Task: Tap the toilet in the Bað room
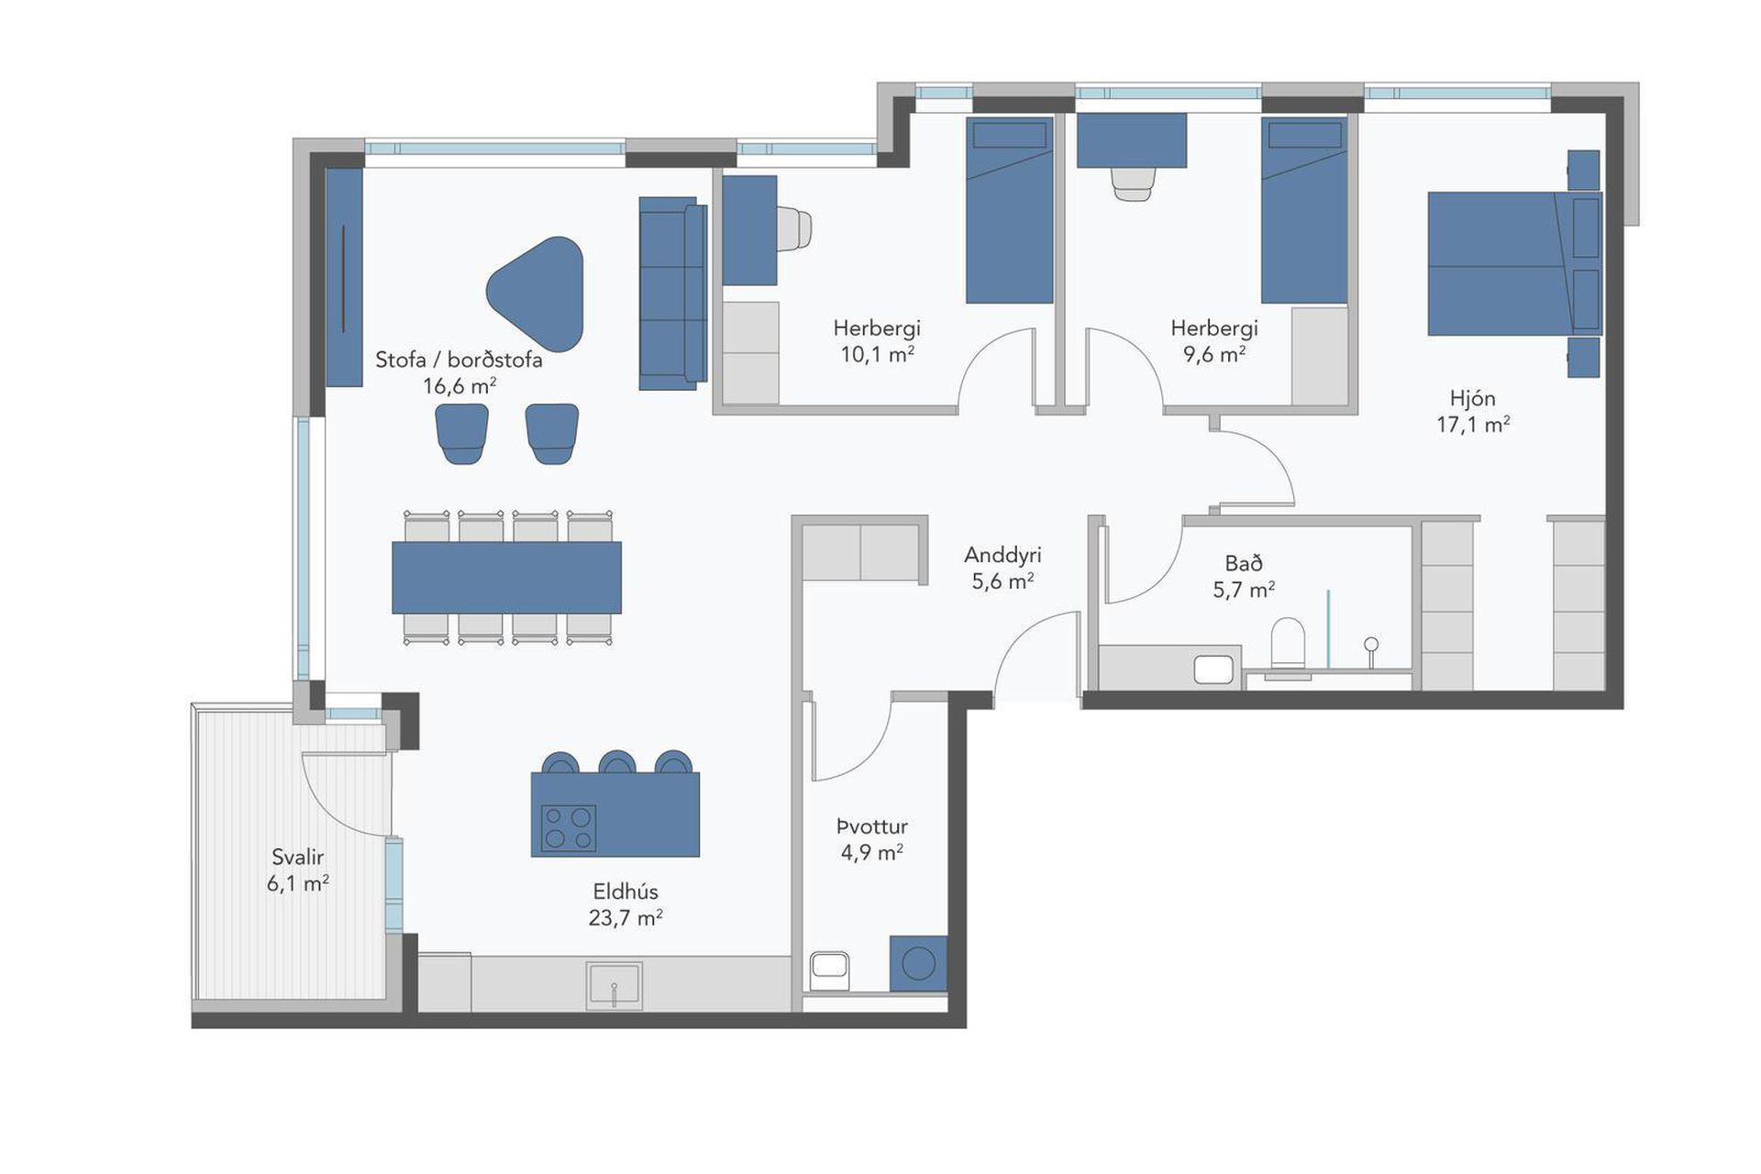point(1288,644)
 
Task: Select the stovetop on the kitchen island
point(569,828)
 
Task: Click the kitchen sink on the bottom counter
point(615,985)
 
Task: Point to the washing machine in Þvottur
point(918,963)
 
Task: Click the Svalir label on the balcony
point(298,857)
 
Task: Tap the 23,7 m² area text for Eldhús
point(626,917)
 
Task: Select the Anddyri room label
point(1002,555)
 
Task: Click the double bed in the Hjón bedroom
point(1514,263)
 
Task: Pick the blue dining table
point(506,578)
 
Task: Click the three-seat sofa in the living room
point(673,293)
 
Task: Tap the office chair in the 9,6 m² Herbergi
point(1132,183)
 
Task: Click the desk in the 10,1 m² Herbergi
point(749,230)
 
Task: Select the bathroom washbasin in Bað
point(1213,669)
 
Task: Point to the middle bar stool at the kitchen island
point(617,762)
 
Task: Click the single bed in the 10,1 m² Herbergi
point(1009,210)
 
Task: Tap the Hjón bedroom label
point(1473,398)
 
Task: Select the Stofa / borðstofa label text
point(459,360)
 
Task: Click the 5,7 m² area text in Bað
point(1244,590)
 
